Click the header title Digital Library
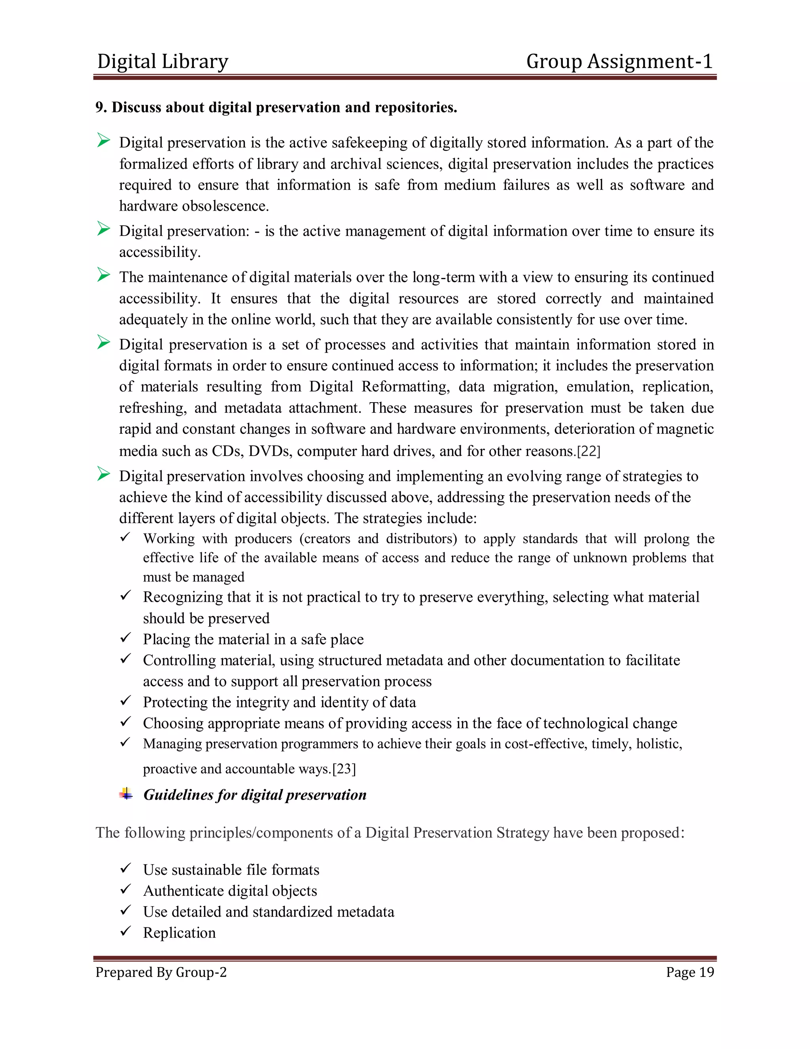(x=163, y=61)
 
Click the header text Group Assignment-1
(x=619, y=61)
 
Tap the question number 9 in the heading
(x=99, y=107)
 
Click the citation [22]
(x=588, y=451)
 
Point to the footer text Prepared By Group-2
(x=161, y=972)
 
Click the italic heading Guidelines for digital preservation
(x=255, y=794)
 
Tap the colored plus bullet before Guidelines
(x=126, y=793)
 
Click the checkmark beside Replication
(x=125, y=931)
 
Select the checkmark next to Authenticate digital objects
(x=125, y=889)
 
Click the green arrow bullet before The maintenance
(x=103, y=275)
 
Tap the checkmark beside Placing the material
(x=125, y=637)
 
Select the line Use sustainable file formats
(x=231, y=869)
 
